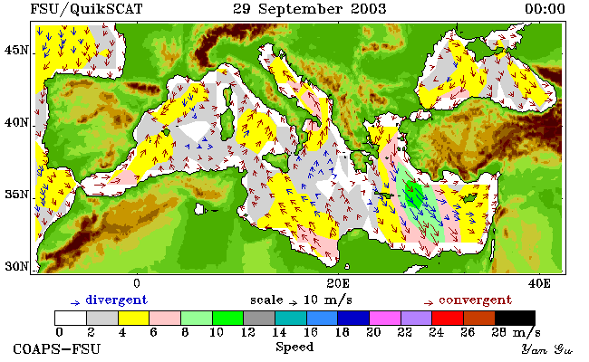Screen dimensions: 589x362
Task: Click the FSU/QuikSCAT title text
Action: click(x=86, y=9)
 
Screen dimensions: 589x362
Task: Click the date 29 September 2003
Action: click(x=310, y=9)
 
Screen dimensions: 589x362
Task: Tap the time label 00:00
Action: click(x=545, y=9)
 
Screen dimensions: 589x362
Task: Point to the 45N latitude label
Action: click(x=16, y=50)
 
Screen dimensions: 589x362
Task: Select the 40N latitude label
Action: click(x=16, y=122)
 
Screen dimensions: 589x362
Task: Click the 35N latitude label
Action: click(x=16, y=195)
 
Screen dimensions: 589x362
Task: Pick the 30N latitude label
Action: click(x=16, y=267)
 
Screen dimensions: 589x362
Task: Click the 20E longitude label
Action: click(x=338, y=283)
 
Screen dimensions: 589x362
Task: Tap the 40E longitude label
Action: click(x=539, y=283)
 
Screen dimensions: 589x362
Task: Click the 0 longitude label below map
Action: click(x=137, y=283)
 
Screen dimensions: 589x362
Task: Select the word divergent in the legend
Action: click(x=117, y=300)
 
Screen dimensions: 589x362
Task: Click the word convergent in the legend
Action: click(x=475, y=300)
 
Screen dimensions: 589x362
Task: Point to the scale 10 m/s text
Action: click(x=301, y=300)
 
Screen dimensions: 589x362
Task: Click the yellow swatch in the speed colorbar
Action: click(x=134, y=318)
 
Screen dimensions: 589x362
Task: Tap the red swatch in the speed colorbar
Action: click(x=448, y=318)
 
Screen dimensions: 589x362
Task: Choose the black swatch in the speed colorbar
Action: click(x=515, y=318)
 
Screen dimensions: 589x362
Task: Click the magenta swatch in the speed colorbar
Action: click(x=384, y=318)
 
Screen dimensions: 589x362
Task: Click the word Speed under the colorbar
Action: click(x=294, y=347)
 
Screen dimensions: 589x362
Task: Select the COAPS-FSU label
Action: click(x=57, y=349)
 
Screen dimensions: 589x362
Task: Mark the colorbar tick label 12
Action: click(x=248, y=332)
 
